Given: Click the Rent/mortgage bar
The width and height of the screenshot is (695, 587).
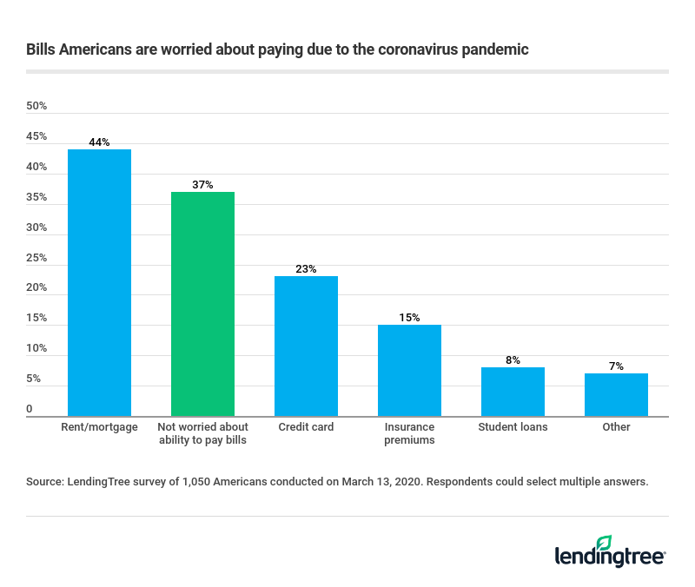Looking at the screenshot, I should [x=99, y=283].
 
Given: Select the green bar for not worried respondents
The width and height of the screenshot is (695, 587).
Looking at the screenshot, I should [x=202, y=304].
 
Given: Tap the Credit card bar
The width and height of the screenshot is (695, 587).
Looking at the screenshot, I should [x=306, y=346].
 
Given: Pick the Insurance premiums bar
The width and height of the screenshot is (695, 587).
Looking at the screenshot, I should [x=409, y=371].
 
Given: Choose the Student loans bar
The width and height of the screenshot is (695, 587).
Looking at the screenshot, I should [x=513, y=392].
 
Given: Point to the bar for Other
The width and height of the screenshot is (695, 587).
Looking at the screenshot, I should [x=616, y=395].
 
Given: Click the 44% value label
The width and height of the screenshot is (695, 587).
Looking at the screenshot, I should [x=99, y=142].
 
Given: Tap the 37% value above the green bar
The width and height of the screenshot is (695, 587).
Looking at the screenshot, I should [x=202, y=185].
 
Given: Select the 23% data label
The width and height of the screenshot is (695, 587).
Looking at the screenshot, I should [x=306, y=269].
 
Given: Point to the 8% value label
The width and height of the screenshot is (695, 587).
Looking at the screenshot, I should [x=513, y=360].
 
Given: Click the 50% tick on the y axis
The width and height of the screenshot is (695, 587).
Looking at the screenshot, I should [x=36, y=106].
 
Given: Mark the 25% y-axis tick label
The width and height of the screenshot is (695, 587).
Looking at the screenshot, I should [x=36, y=258].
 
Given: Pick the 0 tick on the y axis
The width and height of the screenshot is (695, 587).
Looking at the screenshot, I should [x=30, y=409].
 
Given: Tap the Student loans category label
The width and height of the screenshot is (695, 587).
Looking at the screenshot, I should [x=513, y=427].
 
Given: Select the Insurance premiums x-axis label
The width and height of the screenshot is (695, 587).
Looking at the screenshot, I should [x=409, y=433].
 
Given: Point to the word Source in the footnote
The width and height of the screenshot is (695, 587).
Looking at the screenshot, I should [x=43, y=481].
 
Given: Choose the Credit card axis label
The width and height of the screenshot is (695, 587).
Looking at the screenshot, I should [x=306, y=427].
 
